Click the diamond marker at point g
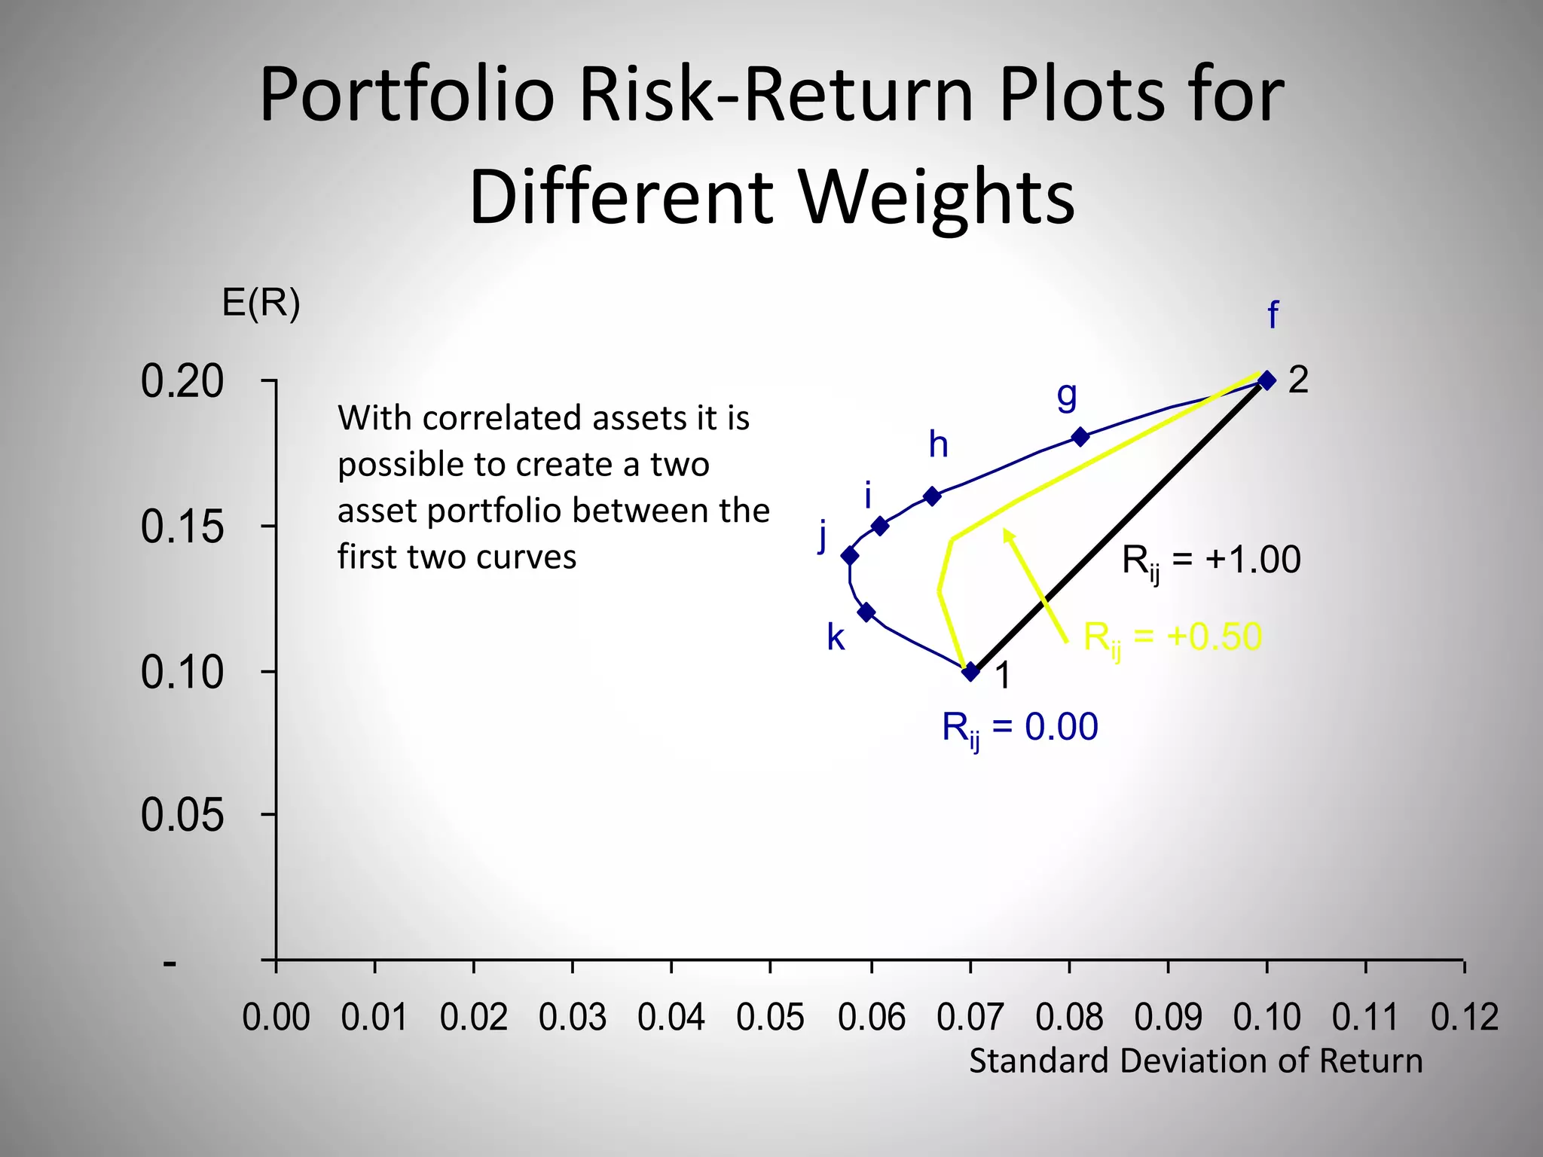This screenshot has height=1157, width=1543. tap(1080, 437)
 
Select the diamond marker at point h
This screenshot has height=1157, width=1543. tap(932, 496)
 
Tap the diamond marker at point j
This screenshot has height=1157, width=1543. tap(850, 556)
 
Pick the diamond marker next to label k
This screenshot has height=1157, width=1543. tap(866, 612)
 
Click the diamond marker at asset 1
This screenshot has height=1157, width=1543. tap(971, 672)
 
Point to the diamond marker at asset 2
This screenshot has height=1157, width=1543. tap(1267, 380)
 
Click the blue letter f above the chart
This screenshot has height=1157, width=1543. tap(1273, 315)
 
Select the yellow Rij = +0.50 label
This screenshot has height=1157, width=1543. tap(1172, 639)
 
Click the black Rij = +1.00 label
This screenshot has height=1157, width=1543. tap(1211, 561)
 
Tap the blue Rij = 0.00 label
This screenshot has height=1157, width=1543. tap(1019, 728)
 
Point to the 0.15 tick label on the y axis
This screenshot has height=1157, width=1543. tap(182, 527)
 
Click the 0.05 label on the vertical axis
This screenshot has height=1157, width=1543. tap(182, 815)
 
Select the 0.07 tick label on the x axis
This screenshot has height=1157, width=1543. tap(970, 1018)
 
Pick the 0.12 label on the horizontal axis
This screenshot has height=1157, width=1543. tap(1464, 1018)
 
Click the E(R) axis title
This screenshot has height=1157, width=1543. tap(261, 304)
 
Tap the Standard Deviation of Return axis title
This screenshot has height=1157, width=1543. tap(1196, 1061)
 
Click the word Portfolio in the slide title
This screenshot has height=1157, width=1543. tap(407, 95)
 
